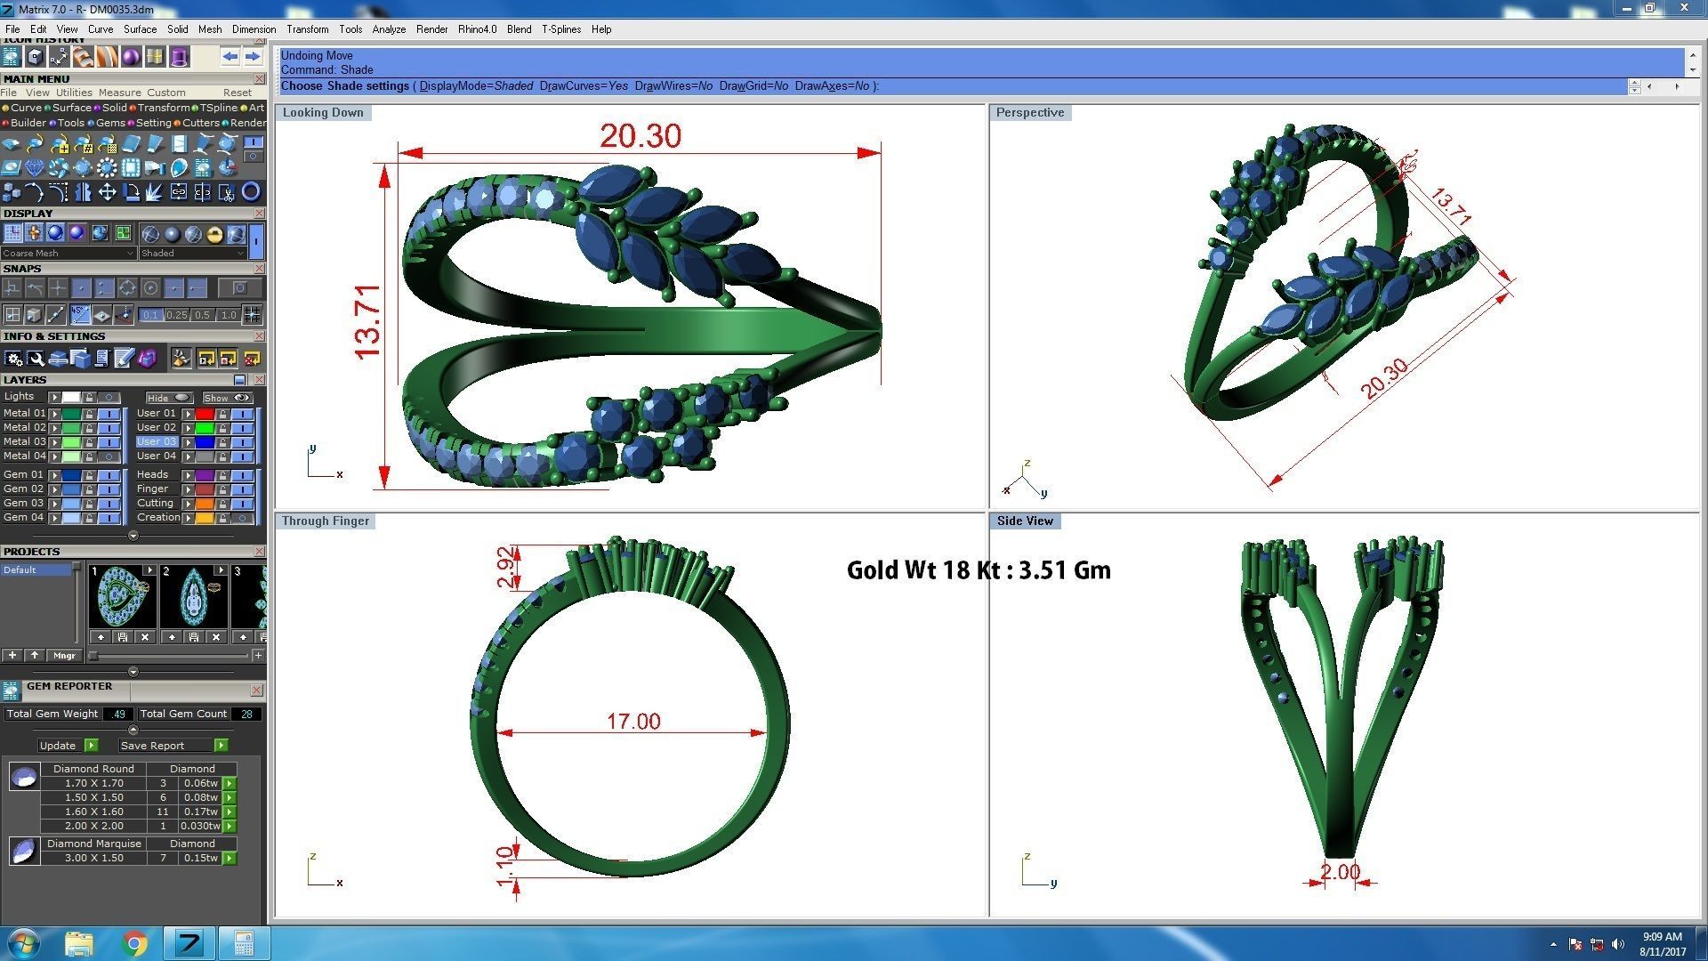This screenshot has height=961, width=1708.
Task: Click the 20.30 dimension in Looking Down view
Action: tap(640, 136)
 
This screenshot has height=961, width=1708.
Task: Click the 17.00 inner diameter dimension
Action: tap(633, 721)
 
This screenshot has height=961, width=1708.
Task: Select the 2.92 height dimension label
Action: tap(506, 567)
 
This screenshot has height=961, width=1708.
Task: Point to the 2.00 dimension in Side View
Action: tap(1340, 871)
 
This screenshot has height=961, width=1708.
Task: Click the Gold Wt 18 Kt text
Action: tap(978, 570)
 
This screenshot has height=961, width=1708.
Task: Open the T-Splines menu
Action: tap(560, 29)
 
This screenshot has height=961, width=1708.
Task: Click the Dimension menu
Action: tap(254, 29)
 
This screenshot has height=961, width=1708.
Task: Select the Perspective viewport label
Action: tap(1029, 112)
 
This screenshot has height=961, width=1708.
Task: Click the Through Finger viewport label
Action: tap(325, 521)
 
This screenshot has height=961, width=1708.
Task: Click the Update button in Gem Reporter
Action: tap(59, 746)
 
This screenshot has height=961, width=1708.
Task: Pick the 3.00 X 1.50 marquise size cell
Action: tap(93, 858)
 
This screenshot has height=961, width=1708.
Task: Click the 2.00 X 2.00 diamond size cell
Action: tap(93, 826)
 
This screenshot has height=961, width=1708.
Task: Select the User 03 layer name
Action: tap(157, 441)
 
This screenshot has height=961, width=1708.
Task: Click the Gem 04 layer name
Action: tap(23, 517)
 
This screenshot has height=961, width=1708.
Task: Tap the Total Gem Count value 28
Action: tap(246, 714)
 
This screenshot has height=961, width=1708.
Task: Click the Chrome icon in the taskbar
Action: tap(134, 943)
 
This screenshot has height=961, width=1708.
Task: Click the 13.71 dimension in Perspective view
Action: tap(1451, 207)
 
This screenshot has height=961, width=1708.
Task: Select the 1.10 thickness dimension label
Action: tap(506, 865)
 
